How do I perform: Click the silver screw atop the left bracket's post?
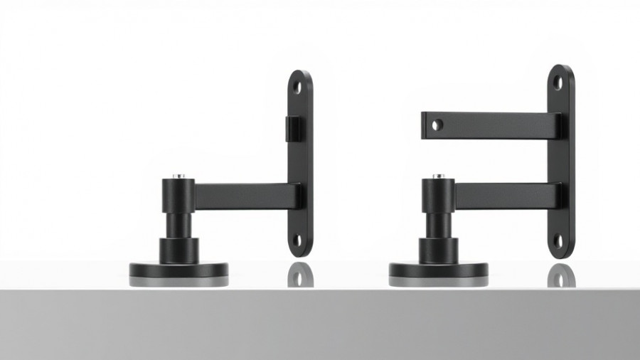click(x=178, y=176)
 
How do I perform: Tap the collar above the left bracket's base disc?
click(x=178, y=250)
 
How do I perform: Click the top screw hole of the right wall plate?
click(x=558, y=83)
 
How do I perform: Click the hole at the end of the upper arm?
click(x=437, y=125)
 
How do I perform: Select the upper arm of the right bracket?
click(x=491, y=125)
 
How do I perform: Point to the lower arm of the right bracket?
click(x=505, y=196)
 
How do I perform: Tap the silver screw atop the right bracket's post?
click(x=439, y=175)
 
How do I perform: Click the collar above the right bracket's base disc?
click(x=439, y=250)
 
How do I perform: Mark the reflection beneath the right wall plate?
click(x=561, y=275)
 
